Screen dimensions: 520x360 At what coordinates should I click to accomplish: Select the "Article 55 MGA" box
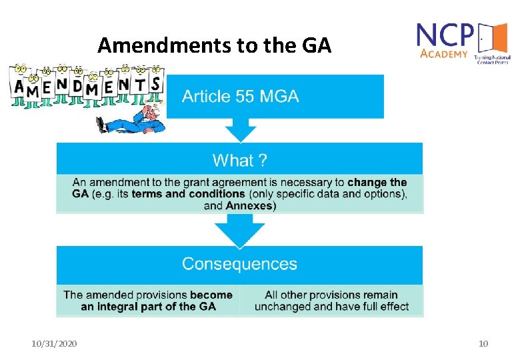point(274,96)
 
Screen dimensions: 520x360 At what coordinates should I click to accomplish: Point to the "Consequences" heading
point(239,263)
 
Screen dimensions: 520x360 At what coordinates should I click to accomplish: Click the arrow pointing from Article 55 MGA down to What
point(241,129)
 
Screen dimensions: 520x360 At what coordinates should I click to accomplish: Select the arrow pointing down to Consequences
point(240,233)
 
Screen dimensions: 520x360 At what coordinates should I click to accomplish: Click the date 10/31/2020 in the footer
point(54,343)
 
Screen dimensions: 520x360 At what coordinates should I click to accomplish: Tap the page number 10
point(483,343)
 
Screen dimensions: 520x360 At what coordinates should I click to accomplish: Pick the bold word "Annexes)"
point(251,205)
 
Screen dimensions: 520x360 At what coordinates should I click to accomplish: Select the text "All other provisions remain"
point(331,295)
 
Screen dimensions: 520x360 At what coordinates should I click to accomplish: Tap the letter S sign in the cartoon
point(156,84)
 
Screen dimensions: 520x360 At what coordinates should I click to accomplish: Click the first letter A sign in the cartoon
point(19,88)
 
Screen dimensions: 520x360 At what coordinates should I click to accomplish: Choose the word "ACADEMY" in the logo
point(443,54)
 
